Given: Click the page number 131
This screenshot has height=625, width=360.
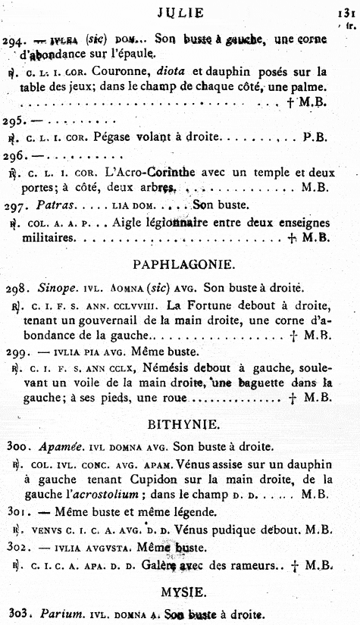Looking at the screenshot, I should [345, 13].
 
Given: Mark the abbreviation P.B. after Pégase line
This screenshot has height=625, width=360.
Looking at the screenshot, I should [314, 138].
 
